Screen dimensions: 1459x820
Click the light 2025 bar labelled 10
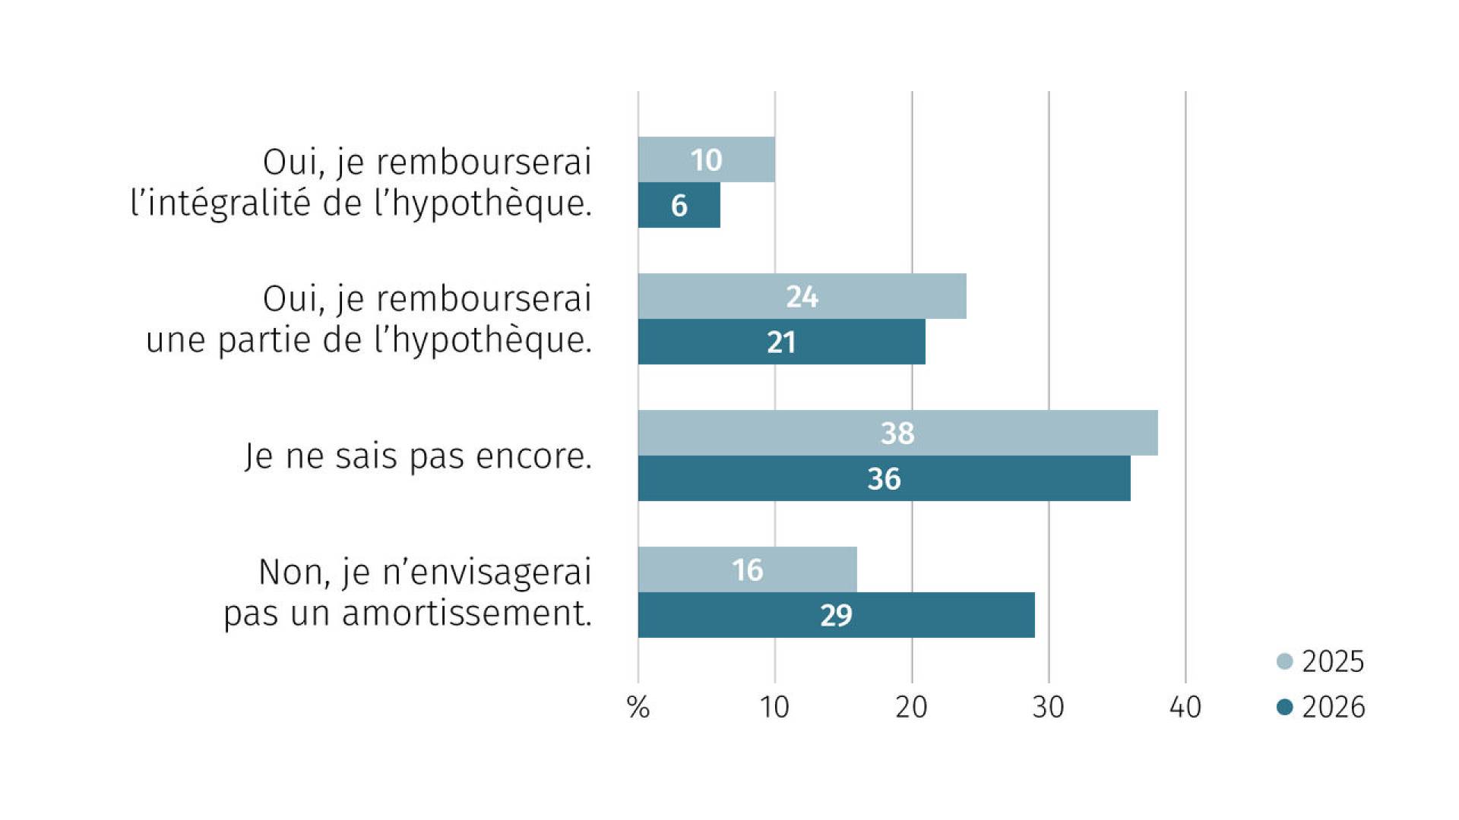[707, 159]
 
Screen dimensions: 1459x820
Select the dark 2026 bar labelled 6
[679, 205]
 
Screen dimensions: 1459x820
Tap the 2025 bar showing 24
[802, 296]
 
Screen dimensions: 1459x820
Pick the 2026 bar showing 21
[782, 342]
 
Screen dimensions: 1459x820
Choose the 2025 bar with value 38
[898, 433]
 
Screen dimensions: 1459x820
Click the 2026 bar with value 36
[885, 478]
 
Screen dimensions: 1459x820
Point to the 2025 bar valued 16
[748, 569]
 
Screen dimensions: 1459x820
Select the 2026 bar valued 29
[837, 615]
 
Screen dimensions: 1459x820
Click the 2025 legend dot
[1285, 661]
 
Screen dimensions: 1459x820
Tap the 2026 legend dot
[1285, 707]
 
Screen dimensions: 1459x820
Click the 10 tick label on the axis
[774, 708]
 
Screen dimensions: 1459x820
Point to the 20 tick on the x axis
[911, 708]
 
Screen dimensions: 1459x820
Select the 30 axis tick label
[1048, 708]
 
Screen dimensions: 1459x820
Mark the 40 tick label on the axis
[1185, 708]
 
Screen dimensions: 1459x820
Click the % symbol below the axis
[638, 708]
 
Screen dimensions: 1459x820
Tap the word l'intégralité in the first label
[221, 203]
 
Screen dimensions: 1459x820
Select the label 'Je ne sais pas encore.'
[419, 456]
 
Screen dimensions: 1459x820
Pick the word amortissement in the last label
[467, 613]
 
